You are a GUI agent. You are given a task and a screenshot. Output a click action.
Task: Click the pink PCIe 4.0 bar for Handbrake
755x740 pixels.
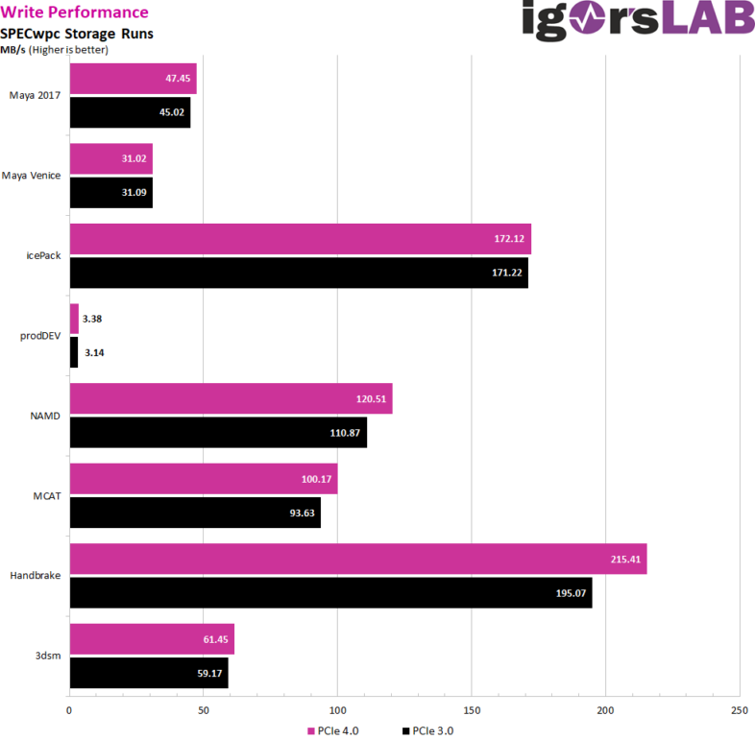(x=357, y=559)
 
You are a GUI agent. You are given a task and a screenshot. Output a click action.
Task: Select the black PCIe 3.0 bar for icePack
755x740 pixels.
(x=298, y=273)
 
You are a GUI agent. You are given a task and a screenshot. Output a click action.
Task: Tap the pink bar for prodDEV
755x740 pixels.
(x=74, y=319)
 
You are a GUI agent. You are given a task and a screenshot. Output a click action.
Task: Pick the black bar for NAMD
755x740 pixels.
(x=217, y=433)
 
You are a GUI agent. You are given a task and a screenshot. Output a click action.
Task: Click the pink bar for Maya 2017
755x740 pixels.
(x=133, y=79)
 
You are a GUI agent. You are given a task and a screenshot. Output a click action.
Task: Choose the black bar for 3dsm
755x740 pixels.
(x=148, y=673)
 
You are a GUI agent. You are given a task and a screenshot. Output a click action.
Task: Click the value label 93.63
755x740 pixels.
(x=297, y=513)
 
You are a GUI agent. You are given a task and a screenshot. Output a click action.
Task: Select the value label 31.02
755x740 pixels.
(x=134, y=158)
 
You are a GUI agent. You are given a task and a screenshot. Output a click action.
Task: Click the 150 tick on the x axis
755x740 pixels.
(x=471, y=711)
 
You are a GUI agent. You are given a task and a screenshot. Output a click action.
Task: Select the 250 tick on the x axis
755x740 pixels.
(x=739, y=711)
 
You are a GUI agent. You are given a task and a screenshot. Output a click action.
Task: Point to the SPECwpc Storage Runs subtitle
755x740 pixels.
(x=77, y=33)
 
